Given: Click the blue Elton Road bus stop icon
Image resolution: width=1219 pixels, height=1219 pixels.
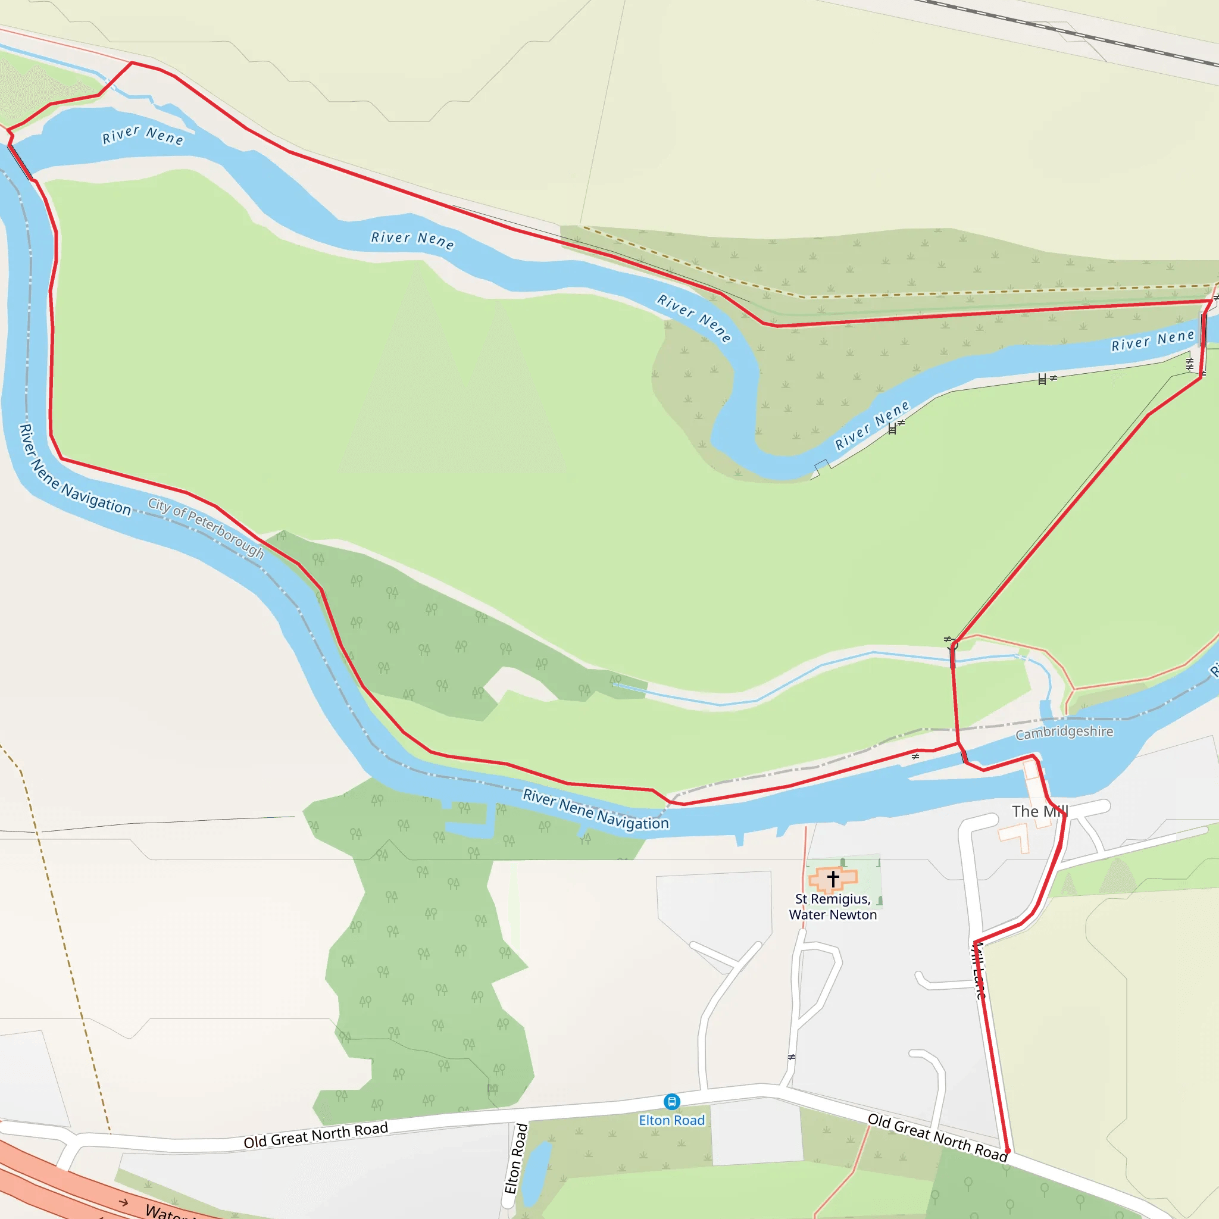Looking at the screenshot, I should coord(672,1102).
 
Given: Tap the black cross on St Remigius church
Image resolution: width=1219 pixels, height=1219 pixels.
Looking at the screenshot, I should coord(833,879).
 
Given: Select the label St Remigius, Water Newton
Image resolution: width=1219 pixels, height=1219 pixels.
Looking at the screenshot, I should coord(833,907).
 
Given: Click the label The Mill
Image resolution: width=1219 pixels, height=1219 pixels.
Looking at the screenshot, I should coord(1039,811).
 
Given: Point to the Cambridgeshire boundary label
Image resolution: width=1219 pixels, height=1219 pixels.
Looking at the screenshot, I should coord(1064,732).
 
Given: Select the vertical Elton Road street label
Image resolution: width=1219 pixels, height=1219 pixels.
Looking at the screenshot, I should coord(516,1158).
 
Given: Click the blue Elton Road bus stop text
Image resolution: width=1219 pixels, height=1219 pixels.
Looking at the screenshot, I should coord(671,1121).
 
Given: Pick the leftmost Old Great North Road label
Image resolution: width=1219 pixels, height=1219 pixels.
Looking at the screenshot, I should coord(315,1135).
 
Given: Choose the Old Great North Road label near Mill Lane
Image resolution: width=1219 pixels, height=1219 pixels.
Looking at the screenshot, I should coord(937,1137).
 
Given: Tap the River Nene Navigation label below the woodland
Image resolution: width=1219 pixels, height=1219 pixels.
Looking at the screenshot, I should coord(595,809).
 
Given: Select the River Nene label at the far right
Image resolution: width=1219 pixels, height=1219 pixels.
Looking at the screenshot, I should coord(1153,340).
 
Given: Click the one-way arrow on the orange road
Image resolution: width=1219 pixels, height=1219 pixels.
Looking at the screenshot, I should coord(124,1202).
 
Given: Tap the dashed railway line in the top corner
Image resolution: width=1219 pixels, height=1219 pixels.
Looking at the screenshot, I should coord(1073,32).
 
